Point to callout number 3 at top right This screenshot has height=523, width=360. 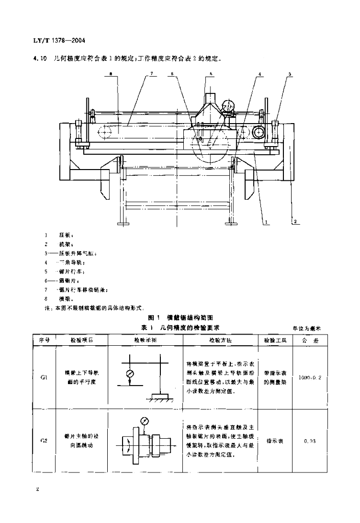[x=290, y=75]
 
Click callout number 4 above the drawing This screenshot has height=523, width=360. [x=260, y=75]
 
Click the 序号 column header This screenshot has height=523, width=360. [x=43, y=340]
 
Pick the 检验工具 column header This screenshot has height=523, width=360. [x=275, y=340]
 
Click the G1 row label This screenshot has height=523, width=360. [x=44, y=378]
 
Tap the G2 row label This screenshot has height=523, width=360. [x=44, y=440]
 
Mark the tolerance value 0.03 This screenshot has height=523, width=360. [x=309, y=440]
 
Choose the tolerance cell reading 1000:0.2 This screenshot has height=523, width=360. [x=309, y=378]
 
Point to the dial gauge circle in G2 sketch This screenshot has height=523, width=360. [x=143, y=422]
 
